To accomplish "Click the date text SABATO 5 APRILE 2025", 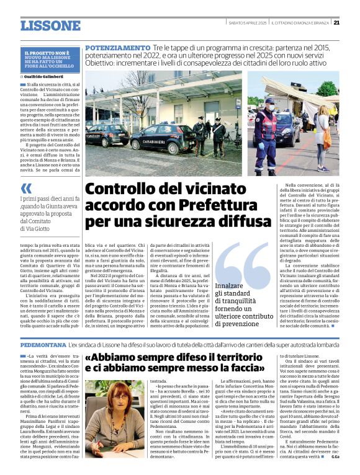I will point(246,23).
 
